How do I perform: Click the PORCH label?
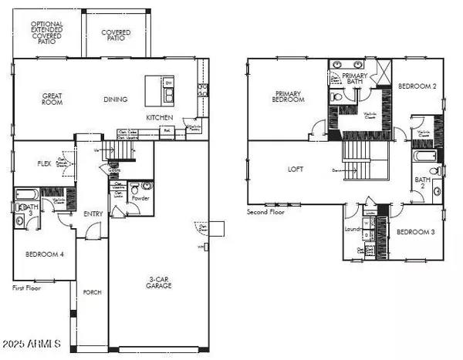pos(92,291)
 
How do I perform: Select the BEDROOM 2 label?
pos(417,87)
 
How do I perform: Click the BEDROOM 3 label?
pos(416,232)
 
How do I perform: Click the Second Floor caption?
pos(266,211)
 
